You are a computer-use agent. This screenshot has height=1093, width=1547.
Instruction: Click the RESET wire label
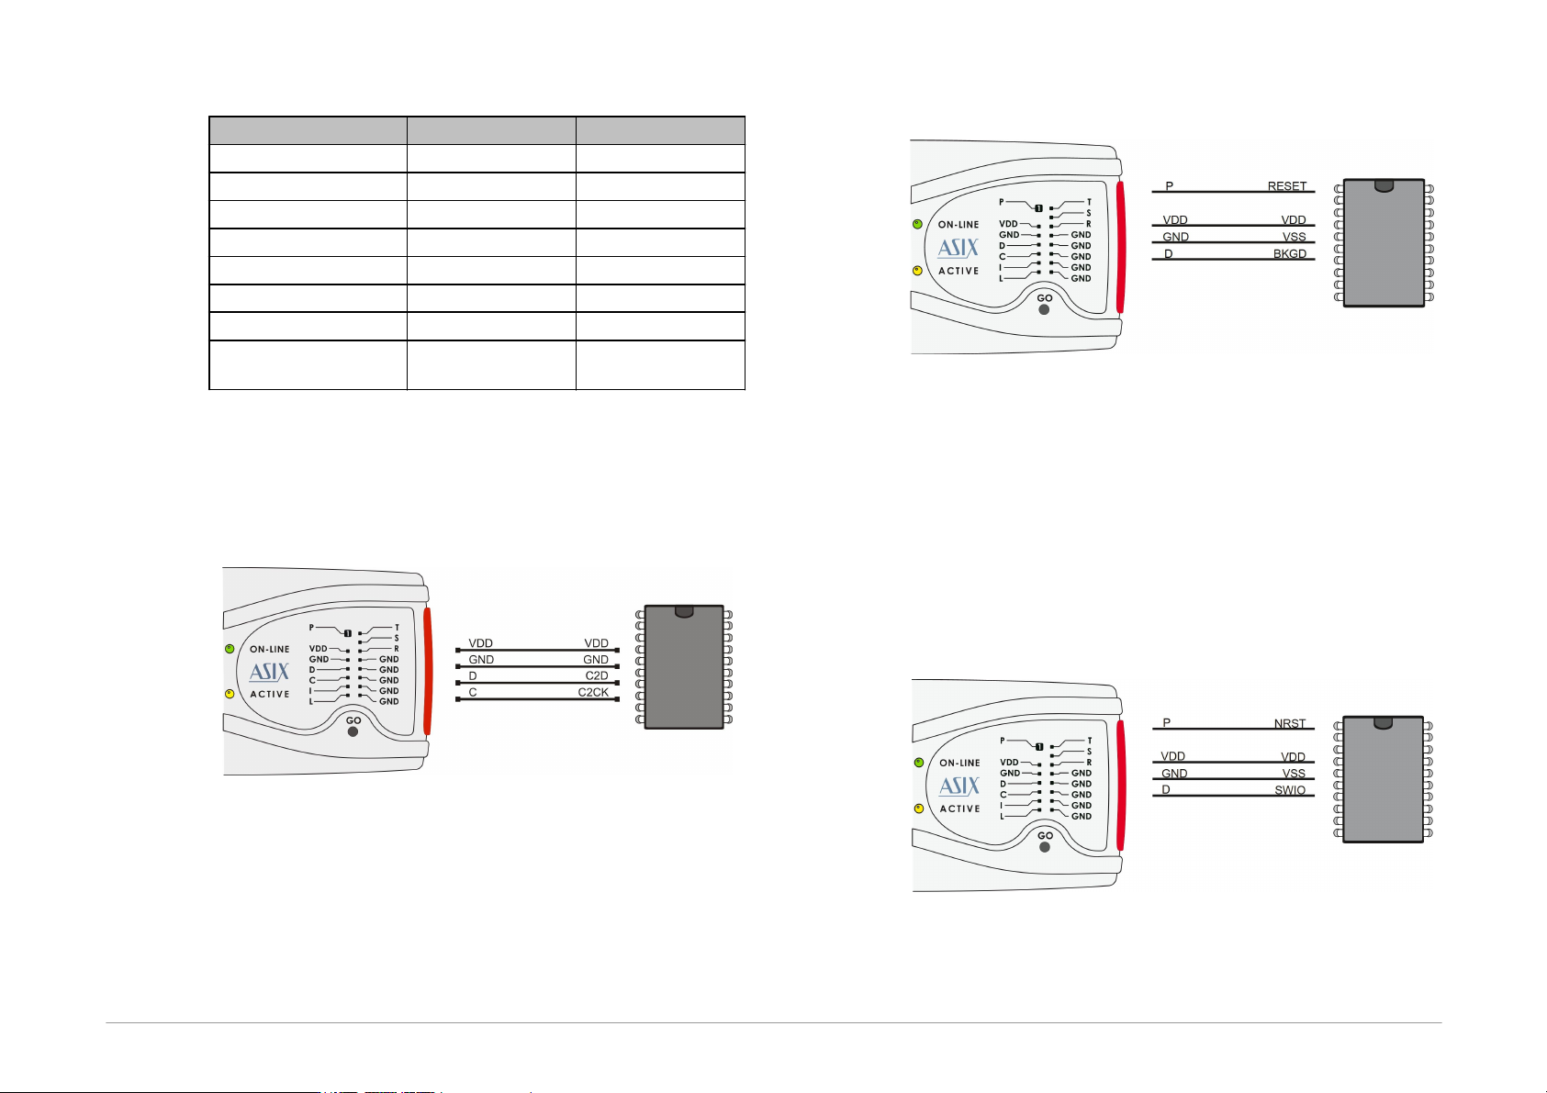pos(1286,186)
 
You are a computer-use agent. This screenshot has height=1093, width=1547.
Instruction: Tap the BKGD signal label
pos(1289,254)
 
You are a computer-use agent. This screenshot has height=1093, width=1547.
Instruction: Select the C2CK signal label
pos(592,693)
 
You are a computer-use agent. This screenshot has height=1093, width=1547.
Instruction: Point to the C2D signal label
pos(596,676)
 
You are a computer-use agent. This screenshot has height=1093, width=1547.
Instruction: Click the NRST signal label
pos(1289,723)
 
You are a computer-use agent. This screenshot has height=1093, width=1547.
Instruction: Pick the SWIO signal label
pos(1289,790)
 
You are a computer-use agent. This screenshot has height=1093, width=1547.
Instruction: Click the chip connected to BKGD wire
pos(1384,242)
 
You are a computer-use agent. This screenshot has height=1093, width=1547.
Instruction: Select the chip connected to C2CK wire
pos(684,666)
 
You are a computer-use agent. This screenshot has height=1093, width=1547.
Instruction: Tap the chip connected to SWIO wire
pos(1383,779)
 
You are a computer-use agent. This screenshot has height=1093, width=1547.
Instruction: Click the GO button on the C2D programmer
pos(353,732)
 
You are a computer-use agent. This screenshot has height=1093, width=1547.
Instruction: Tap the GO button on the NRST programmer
pos(1045,847)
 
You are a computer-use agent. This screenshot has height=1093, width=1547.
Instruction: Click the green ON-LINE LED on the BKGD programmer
pos(917,225)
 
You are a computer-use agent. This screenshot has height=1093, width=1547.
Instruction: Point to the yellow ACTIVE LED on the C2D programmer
pos(230,694)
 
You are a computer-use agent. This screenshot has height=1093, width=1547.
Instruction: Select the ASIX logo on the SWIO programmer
pos(959,786)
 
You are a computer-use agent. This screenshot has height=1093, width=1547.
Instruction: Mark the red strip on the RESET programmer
pos(1120,247)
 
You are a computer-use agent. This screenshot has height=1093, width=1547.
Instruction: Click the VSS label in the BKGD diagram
pos(1294,237)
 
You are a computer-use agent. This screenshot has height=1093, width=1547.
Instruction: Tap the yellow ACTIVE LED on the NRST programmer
pos(918,809)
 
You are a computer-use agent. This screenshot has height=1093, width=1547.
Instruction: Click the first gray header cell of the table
pos(308,130)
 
